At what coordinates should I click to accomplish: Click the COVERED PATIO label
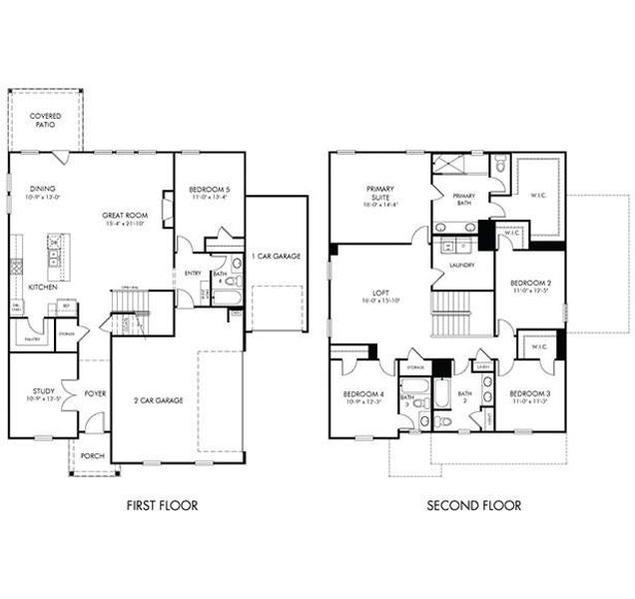click(x=44, y=121)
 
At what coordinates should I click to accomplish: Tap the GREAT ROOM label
click(x=124, y=219)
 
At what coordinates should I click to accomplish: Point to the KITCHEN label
click(x=42, y=287)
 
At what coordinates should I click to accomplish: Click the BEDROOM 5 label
click(x=209, y=193)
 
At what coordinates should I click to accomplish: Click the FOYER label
click(x=95, y=393)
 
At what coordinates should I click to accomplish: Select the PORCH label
click(x=93, y=454)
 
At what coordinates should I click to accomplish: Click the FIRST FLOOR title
click(x=162, y=505)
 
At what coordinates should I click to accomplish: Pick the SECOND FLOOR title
click(x=473, y=505)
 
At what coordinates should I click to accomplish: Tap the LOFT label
click(x=380, y=296)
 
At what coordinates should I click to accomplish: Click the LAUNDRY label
click(x=461, y=266)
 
